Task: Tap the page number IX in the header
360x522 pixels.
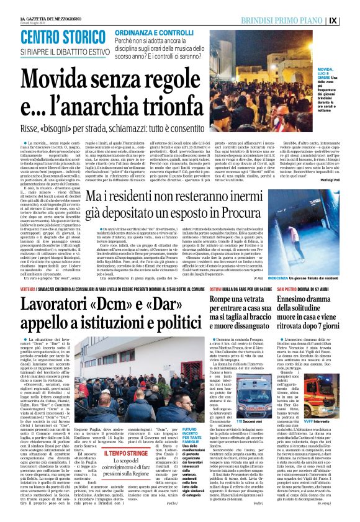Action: [x=351, y=20]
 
